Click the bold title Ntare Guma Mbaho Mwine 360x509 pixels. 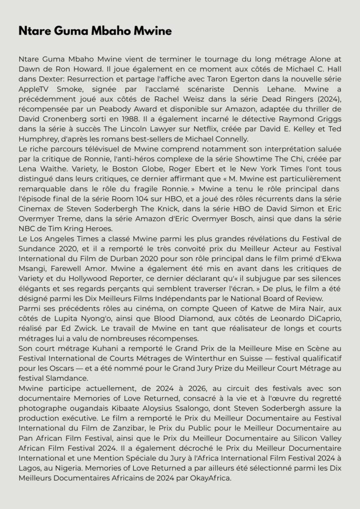[95, 31]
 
